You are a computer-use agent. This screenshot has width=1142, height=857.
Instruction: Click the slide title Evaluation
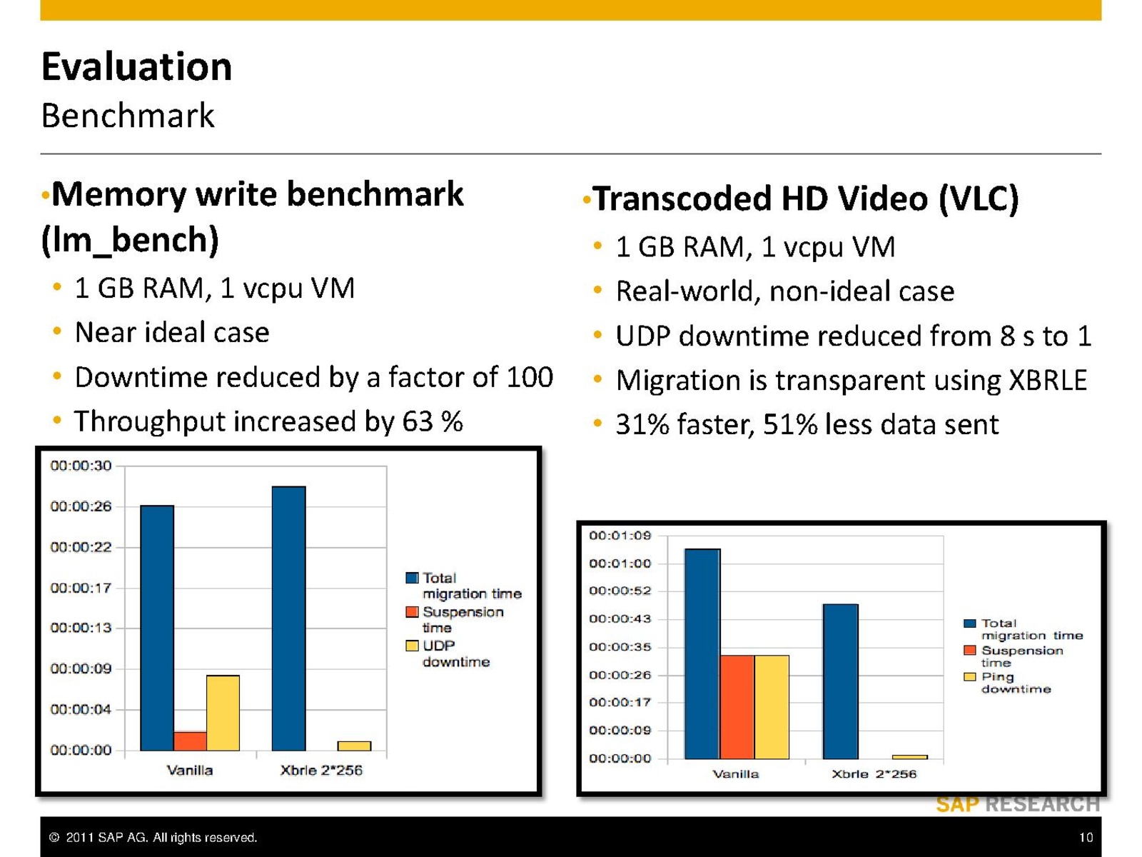coord(136,66)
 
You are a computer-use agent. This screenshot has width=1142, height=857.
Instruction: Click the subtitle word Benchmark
coord(128,116)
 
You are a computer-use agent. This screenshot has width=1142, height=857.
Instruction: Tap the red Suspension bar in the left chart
coord(190,741)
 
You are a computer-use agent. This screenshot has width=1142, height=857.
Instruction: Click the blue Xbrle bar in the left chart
coord(288,618)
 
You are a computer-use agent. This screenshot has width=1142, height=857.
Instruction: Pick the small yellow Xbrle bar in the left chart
coord(354,746)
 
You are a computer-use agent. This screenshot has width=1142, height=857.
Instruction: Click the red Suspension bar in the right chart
coord(737,706)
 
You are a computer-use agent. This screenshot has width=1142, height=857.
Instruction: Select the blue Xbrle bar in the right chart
coord(840,681)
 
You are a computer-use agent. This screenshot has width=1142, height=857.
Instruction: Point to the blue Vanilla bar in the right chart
coord(702,653)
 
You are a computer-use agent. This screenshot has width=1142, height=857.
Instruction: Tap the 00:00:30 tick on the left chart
coord(81,466)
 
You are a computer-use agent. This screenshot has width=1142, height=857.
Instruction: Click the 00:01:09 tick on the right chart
coord(620,535)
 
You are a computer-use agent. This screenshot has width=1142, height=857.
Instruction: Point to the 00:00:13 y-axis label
coord(81,628)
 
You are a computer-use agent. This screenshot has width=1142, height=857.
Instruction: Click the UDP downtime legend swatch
coord(412,646)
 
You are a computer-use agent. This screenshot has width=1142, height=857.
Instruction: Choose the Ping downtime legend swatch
coord(969,677)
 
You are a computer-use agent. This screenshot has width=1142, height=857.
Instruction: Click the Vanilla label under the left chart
coord(189,770)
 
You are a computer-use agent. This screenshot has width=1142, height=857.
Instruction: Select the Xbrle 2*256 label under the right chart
coord(874,773)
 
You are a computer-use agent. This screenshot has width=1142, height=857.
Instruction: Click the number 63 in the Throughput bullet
coord(418,421)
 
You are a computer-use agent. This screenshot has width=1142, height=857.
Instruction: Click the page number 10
coord(1086,837)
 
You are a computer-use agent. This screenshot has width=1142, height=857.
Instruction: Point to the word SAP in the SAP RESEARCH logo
coord(957,805)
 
